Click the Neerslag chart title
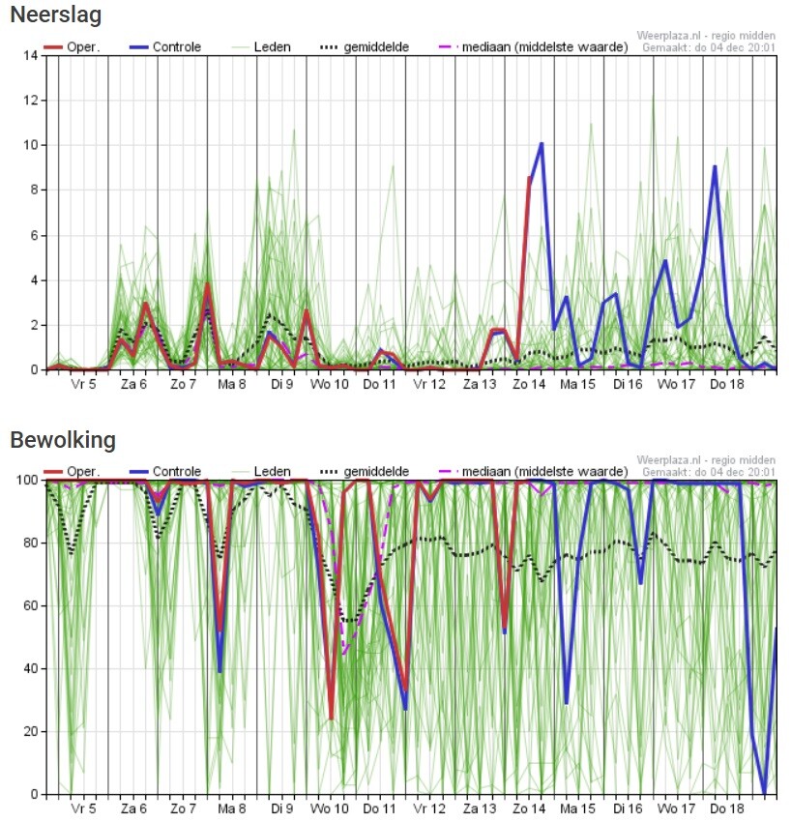pyautogui.click(x=55, y=15)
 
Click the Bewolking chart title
pyautogui.click(x=63, y=440)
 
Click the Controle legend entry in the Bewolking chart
pyautogui.click(x=177, y=472)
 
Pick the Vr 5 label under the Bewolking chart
pyautogui.click(x=83, y=808)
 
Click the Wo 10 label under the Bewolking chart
pyautogui.click(x=331, y=808)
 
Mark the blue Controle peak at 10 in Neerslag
pyautogui.click(x=542, y=144)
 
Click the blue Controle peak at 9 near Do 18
pyautogui.click(x=715, y=167)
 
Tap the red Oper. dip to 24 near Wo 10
pyautogui.click(x=331, y=719)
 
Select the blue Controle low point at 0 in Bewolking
pyautogui.click(x=765, y=793)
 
